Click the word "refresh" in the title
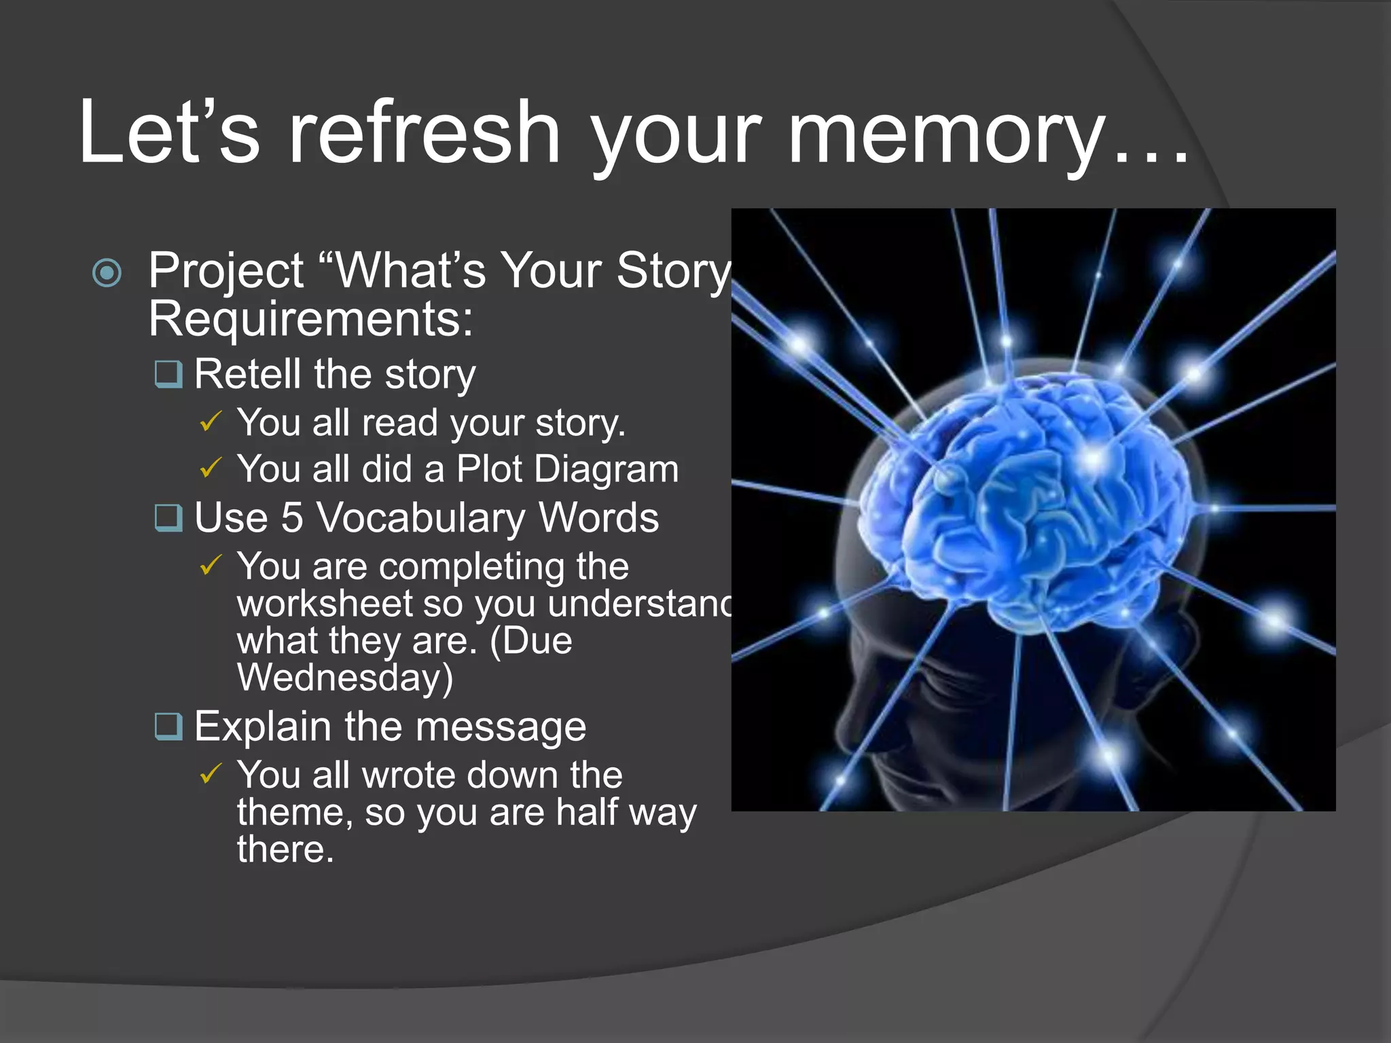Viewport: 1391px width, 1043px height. pyautogui.click(x=424, y=132)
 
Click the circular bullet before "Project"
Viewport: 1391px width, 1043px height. pyautogui.click(x=107, y=273)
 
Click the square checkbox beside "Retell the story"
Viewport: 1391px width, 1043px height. pyautogui.click(x=168, y=373)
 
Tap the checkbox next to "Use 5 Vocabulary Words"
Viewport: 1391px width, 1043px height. pyautogui.click(x=168, y=517)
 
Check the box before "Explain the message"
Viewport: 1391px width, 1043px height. pyautogui.click(x=168, y=726)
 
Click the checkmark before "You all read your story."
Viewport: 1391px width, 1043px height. pyautogui.click(x=211, y=422)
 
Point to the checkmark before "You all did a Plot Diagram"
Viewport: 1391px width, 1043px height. pyautogui.click(x=211, y=468)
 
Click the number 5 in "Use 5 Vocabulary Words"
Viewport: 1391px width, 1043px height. pyautogui.click(x=291, y=517)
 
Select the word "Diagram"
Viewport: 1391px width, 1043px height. pyautogui.click(x=606, y=469)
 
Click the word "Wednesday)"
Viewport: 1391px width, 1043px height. pyautogui.click(x=345, y=677)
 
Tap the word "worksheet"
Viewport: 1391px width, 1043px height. pyautogui.click(x=325, y=603)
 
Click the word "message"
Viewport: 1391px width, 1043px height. pyautogui.click(x=501, y=727)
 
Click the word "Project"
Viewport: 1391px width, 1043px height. pyautogui.click(x=225, y=270)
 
